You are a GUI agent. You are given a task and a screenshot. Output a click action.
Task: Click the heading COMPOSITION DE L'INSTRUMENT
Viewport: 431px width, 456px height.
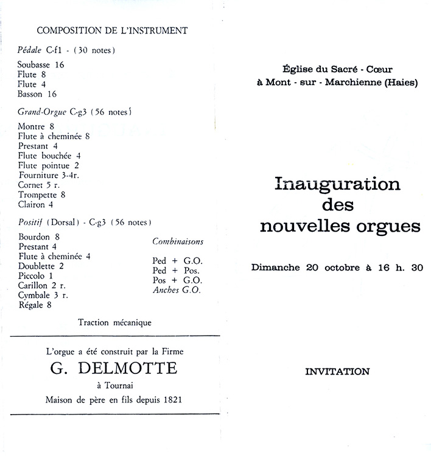(112, 30)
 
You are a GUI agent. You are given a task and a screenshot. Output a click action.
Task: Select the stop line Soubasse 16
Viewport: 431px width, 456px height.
(41, 64)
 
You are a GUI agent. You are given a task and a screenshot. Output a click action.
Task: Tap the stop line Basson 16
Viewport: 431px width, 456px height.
(38, 94)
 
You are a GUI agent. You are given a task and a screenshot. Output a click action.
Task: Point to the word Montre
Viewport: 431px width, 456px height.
(32, 126)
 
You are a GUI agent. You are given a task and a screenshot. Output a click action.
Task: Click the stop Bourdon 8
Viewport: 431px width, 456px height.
(39, 237)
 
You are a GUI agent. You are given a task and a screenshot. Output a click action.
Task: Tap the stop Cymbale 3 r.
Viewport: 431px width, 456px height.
(43, 295)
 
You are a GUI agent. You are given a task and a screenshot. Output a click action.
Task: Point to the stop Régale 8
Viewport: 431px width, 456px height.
(35, 305)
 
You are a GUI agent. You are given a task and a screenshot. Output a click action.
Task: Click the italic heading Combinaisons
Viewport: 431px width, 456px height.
(178, 241)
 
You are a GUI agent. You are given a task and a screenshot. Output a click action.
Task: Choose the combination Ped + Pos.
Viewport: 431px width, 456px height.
(175, 270)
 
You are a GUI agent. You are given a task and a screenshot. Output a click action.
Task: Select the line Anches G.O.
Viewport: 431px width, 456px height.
(177, 289)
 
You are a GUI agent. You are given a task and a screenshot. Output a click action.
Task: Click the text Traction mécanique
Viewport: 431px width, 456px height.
(114, 322)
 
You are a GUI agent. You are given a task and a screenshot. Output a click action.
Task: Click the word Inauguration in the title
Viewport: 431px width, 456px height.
(338, 184)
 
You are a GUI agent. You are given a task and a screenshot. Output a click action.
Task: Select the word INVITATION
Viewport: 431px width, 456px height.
(337, 371)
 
